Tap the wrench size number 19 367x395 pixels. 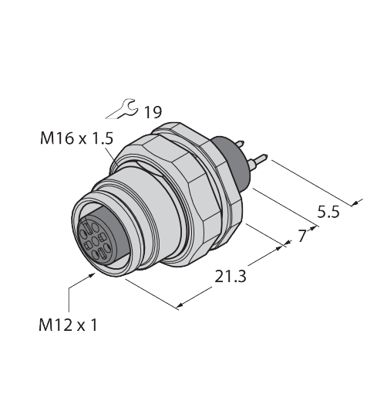pos(153,112)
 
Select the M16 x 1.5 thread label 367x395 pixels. pos(76,140)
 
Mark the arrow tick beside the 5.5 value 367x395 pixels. pos(355,203)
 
